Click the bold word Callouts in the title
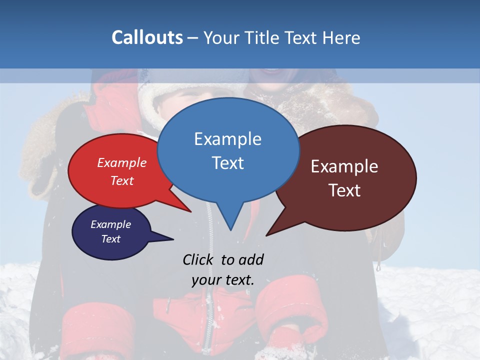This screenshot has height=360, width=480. point(147,38)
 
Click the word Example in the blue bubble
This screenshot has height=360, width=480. point(227,139)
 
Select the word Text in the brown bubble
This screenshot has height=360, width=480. point(344,190)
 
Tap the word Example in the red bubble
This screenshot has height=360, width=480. point(122,163)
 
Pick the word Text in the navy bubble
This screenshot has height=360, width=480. point(110,239)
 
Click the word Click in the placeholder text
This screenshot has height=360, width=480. point(198,259)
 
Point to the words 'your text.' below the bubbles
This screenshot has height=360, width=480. point(222,280)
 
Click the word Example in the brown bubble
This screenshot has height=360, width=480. point(344,166)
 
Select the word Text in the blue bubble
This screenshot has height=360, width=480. point(227,163)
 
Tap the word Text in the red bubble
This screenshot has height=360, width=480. point(122,181)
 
